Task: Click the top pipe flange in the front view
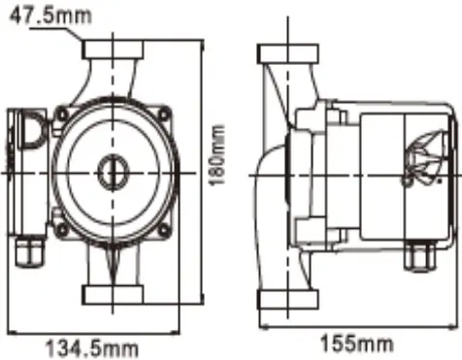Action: [x=114, y=49]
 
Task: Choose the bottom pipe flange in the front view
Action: [x=113, y=294]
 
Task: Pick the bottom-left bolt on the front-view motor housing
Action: [x=61, y=230]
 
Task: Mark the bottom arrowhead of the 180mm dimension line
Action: [x=202, y=301]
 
